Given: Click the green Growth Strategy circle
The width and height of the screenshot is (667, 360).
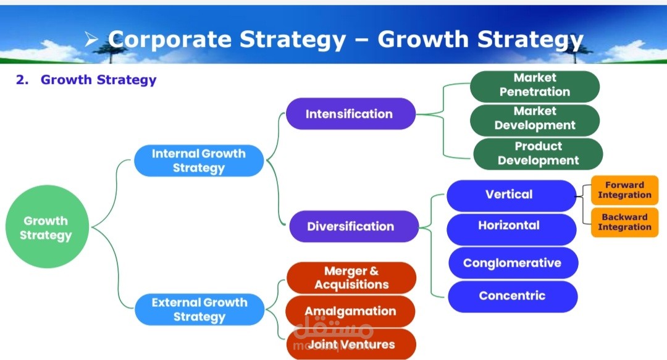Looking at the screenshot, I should tap(47, 227).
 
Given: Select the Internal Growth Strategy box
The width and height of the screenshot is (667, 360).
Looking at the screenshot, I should tap(199, 161).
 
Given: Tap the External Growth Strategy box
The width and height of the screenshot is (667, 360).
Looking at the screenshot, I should tap(199, 309).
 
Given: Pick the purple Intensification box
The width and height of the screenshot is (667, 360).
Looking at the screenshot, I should tap(350, 114).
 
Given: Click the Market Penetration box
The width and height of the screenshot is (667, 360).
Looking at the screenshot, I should tap(534, 85).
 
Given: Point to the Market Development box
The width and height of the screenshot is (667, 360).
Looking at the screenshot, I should tap(534, 119).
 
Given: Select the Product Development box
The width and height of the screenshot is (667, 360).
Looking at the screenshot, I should tap(537, 153).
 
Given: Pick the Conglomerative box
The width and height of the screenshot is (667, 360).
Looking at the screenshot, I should tap(513, 262).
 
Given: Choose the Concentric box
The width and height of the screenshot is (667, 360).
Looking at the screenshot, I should tap(513, 296).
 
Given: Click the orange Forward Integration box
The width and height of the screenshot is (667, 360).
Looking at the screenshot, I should tap(624, 190).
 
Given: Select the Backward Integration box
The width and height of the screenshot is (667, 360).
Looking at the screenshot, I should tap(624, 222).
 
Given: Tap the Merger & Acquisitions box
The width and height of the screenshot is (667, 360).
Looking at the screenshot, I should tap(351, 278).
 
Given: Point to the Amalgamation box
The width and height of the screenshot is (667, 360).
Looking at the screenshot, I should tap(350, 311).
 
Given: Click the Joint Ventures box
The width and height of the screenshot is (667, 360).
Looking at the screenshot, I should tap(351, 344).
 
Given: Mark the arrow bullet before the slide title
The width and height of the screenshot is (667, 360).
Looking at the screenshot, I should tap(92, 40).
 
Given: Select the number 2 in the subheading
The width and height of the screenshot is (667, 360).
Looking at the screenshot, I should tap(20, 80).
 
